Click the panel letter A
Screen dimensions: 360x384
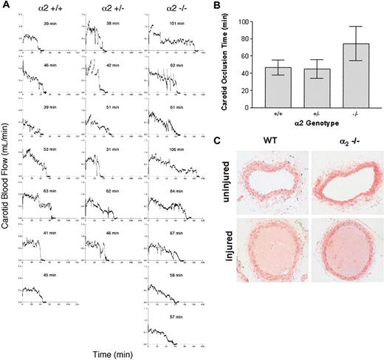[5, 5]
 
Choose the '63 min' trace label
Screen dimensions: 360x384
[50, 190]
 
